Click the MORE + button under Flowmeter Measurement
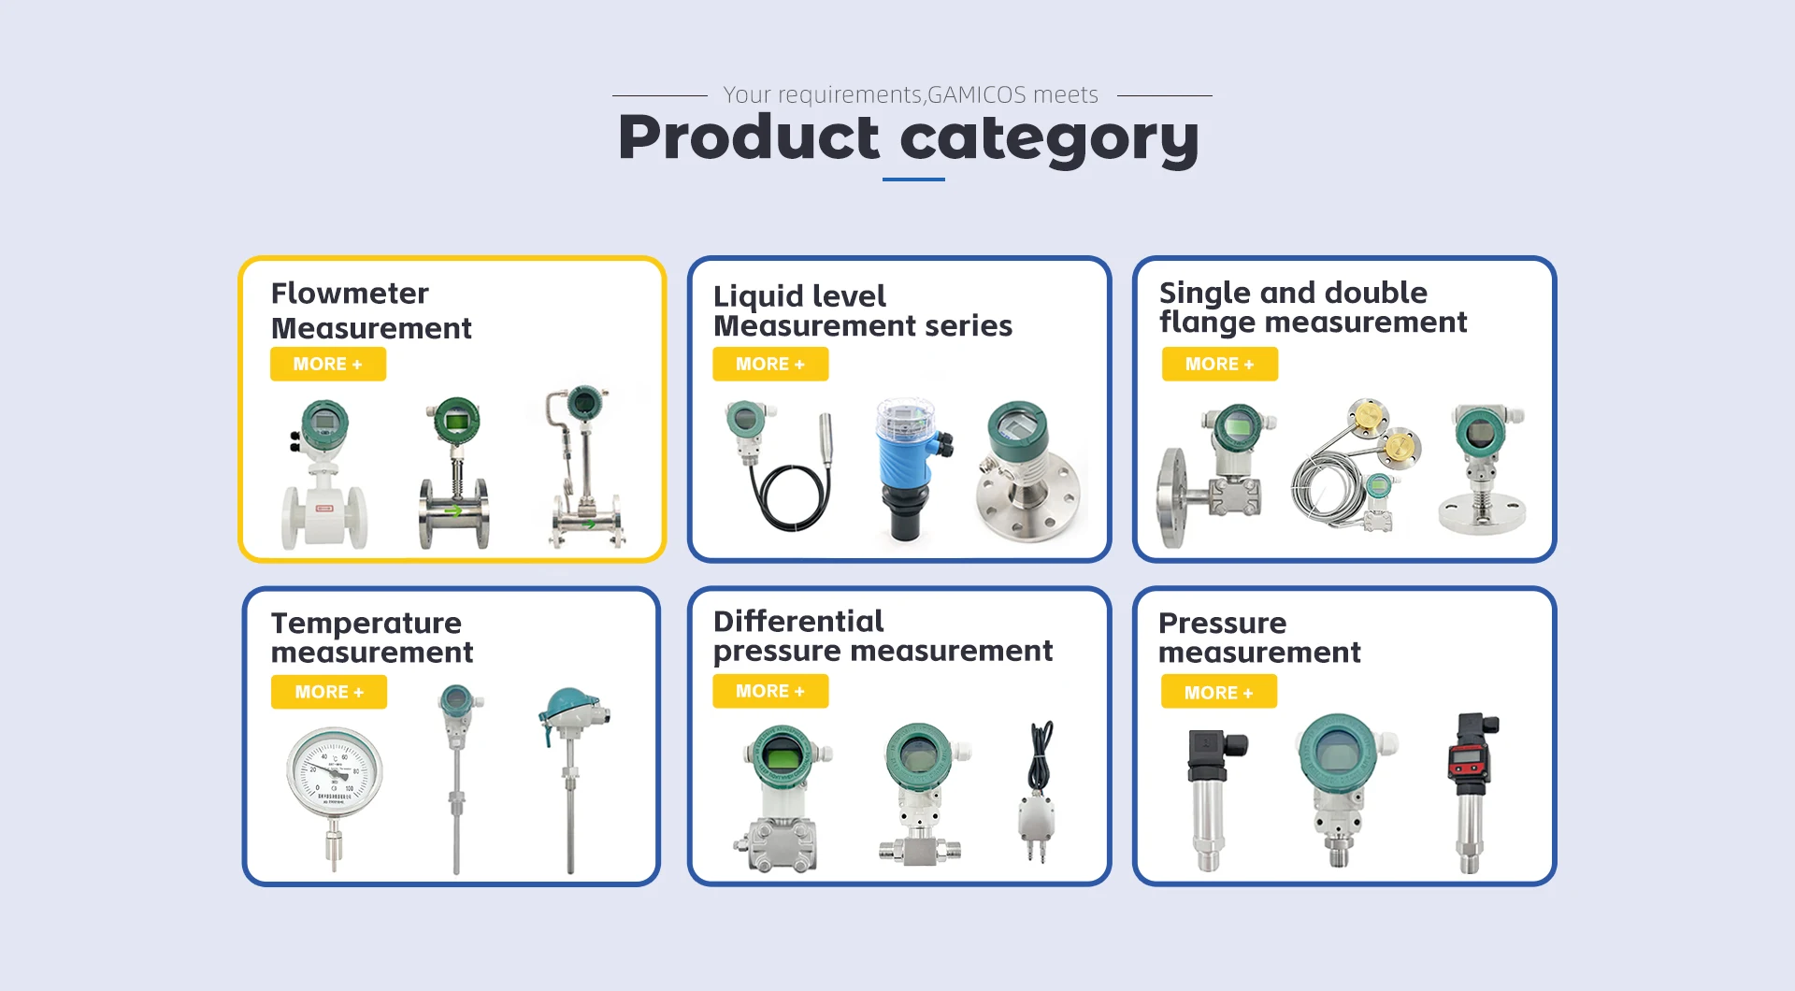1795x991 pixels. pos(327,364)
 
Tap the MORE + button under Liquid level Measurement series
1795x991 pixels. pos(770,364)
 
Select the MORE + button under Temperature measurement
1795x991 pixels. pos(329,692)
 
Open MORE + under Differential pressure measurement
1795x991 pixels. pos(770,691)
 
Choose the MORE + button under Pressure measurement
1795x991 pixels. pos(1219,693)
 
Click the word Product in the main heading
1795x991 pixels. pos(749,137)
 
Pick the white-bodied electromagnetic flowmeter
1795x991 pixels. pos(323,475)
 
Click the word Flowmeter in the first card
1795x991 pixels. pos(350,294)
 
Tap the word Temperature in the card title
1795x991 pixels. pos(366,624)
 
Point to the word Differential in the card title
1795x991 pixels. pos(798,621)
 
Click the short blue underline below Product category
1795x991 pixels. pos(913,179)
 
